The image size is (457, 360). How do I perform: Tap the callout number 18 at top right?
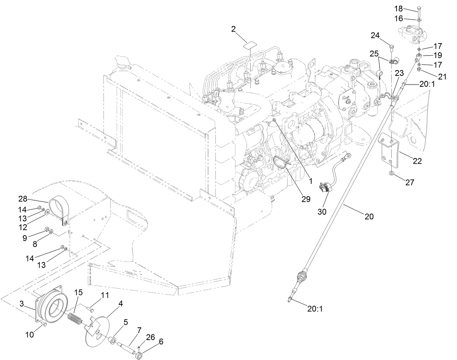point(399,8)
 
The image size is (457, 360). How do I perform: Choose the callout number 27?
point(409,183)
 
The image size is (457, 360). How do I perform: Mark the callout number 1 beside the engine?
point(311,180)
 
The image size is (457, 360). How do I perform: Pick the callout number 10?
point(29,335)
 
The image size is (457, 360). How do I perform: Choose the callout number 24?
point(375,35)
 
